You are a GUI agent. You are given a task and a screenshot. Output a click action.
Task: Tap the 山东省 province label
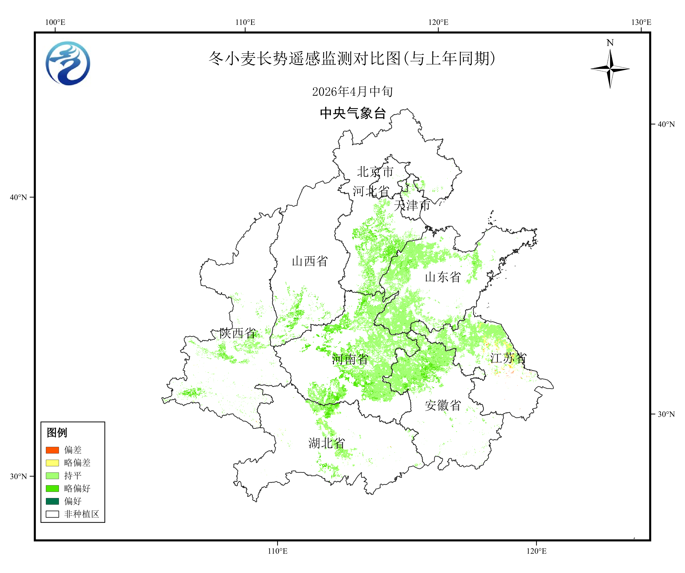[x=443, y=277]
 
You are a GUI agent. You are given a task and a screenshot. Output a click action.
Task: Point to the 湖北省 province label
[x=326, y=443]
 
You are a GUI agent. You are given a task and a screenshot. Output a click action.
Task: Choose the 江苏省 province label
[x=508, y=358]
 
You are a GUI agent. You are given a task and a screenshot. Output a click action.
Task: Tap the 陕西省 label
[x=237, y=333]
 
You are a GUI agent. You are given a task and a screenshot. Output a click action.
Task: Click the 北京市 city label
[x=375, y=172]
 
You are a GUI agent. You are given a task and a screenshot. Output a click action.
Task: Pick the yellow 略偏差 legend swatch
[x=52, y=463]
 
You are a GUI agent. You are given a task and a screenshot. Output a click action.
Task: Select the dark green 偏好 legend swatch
[x=52, y=501]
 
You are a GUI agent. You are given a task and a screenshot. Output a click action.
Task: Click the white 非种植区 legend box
[x=52, y=514]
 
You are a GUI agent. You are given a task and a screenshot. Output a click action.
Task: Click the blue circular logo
[x=68, y=63]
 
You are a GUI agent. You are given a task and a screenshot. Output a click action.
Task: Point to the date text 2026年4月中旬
[x=352, y=92]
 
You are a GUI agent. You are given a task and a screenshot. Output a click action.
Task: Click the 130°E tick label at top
[x=641, y=22]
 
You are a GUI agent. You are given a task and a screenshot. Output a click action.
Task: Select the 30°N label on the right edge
[x=666, y=414]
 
